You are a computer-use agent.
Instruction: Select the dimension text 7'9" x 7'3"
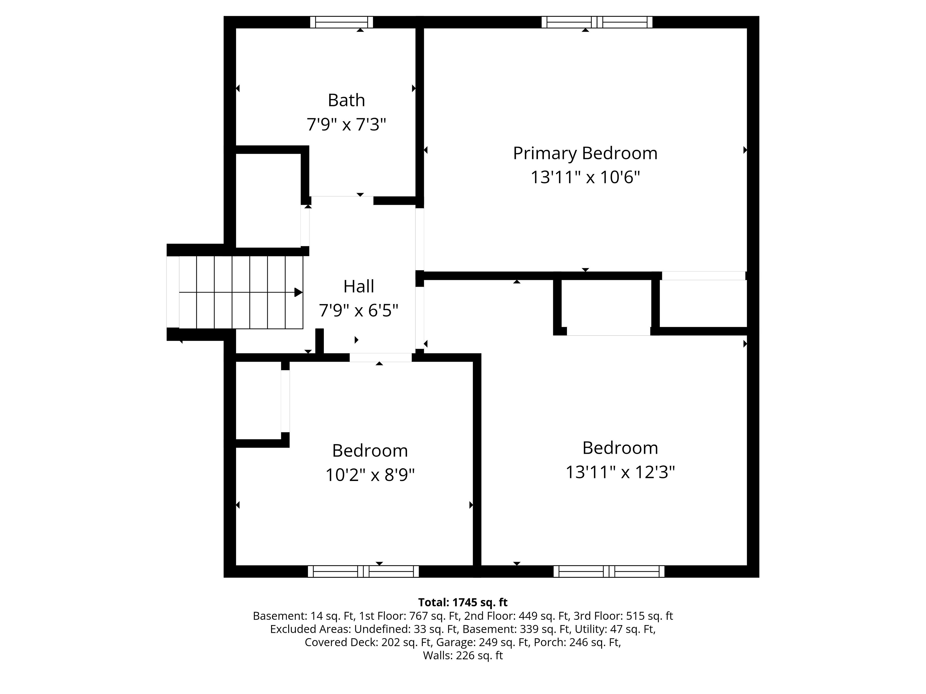pos(346,125)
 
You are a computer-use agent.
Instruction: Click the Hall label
pos(359,287)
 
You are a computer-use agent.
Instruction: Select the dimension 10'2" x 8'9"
pos(370,475)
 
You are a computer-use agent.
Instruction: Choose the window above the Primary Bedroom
pos(597,22)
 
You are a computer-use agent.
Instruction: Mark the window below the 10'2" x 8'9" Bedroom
pos(363,571)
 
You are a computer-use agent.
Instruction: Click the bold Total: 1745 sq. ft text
pos(463,602)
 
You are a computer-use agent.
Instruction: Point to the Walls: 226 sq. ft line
pos(463,655)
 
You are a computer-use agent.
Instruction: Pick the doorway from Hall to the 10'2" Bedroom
pos(381,357)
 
